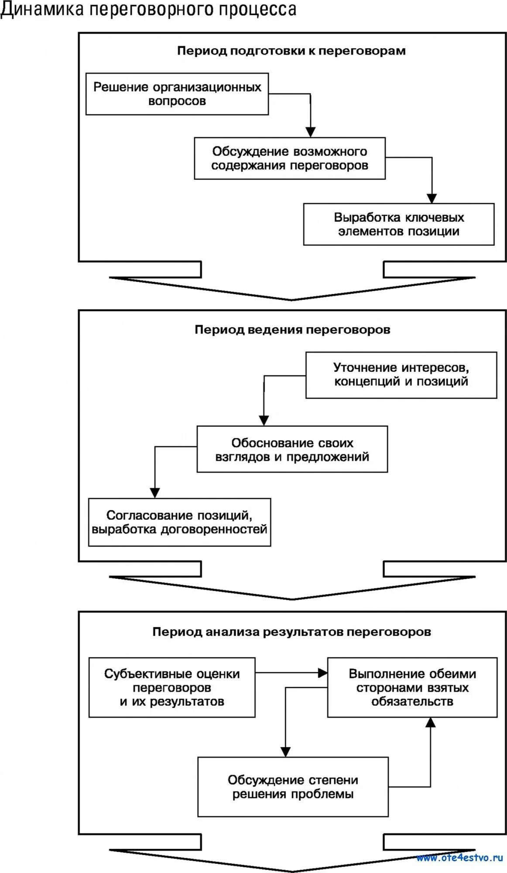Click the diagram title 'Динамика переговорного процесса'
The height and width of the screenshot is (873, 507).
click(x=148, y=10)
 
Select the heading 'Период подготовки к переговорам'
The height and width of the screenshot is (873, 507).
click(x=291, y=51)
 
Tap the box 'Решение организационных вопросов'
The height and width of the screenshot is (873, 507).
click(x=177, y=94)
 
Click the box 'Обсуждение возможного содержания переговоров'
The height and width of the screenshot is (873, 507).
click(x=290, y=158)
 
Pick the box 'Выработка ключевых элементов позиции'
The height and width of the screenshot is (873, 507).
click(x=399, y=224)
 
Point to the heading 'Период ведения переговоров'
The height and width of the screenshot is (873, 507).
click(x=292, y=330)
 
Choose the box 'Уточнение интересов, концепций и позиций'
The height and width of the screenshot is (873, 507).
click(x=401, y=375)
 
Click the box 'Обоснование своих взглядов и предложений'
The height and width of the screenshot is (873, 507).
click(x=292, y=450)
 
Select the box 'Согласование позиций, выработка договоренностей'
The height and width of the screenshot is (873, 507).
click(x=179, y=522)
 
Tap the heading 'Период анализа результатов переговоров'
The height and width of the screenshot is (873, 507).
click(x=291, y=632)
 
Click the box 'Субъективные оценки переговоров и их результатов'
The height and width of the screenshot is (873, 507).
click(x=172, y=687)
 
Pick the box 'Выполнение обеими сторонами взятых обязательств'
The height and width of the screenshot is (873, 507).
click(x=412, y=687)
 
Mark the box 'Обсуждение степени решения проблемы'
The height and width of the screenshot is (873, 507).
click(x=293, y=787)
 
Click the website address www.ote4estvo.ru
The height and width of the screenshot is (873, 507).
click(x=460, y=858)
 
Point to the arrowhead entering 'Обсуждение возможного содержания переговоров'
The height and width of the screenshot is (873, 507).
click(x=310, y=132)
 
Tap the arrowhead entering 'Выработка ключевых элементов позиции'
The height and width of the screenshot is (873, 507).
click(x=432, y=198)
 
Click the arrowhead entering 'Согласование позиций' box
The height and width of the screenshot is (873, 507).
click(x=154, y=492)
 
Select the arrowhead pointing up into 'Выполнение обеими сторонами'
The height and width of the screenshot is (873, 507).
click(x=431, y=723)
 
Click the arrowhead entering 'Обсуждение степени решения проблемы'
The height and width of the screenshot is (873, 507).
click(x=285, y=751)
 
